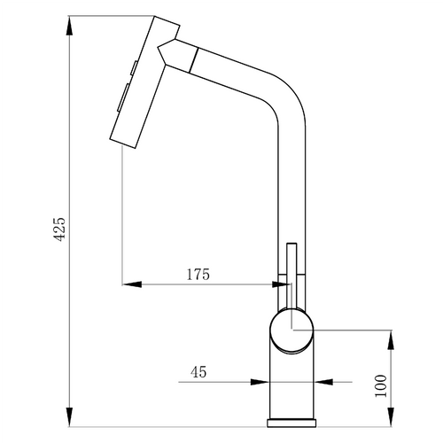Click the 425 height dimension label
pyautogui.click(x=60, y=229)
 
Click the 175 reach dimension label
pyautogui.click(x=198, y=275)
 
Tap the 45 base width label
pyautogui.click(x=198, y=372)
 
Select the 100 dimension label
pyautogui.click(x=381, y=386)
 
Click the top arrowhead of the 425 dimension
pyautogui.click(x=69, y=26)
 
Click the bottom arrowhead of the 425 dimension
pyautogui.click(x=69, y=416)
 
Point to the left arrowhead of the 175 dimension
pyautogui.click(x=132, y=284)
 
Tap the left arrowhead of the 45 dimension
pyautogui.click(x=260, y=382)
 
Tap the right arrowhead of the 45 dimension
pyautogui.click(x=323, y=382)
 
